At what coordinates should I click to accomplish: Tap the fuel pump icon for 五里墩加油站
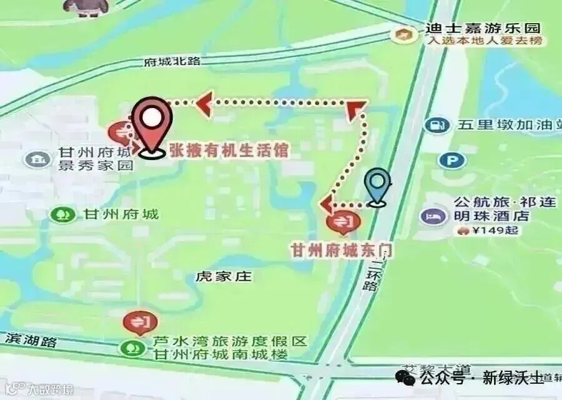tap(437, 125)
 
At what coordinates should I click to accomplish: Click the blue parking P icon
tap(452, 161)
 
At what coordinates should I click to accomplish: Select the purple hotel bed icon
tap(432, 216)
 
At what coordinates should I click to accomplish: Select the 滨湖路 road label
tap(31, 341)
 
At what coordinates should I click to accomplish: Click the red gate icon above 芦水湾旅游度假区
tap(140, 322)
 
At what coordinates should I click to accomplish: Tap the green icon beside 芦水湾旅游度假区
tap(132, 348)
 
